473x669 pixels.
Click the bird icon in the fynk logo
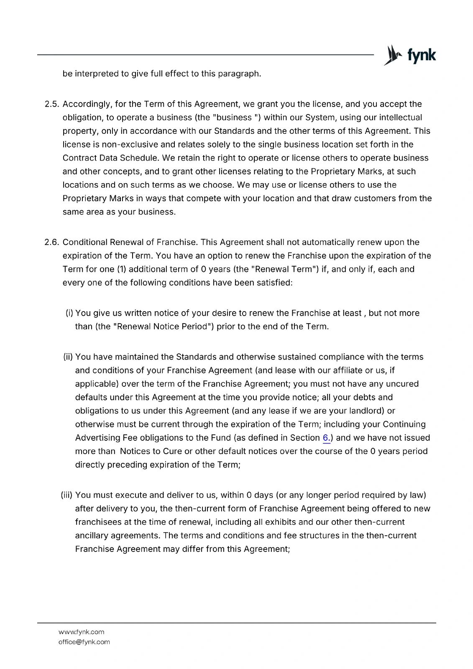click(393, 55)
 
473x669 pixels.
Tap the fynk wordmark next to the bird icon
click(422, 56)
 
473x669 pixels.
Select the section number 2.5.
click(52, 104)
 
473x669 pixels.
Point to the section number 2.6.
click(52, 242)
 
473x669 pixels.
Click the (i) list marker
click(69, 313)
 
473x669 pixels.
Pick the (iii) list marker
click(67, 495)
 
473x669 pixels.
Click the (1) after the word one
click(121, 269)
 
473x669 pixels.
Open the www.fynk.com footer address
click(81, 632)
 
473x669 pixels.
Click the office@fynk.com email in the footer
click(84, 642)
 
